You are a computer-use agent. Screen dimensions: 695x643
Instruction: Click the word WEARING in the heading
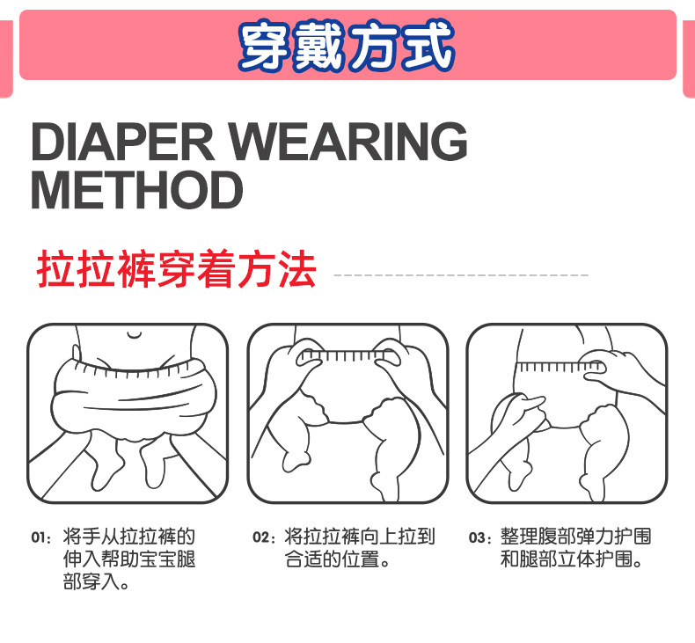pos(349,142)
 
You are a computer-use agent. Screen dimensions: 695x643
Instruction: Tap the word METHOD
pos(137,190)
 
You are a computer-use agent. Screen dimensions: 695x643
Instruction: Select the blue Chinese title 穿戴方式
pos(347,46)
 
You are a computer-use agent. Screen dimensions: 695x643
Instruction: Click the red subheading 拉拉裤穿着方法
pos(177,269)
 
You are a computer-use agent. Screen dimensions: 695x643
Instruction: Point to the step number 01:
pos(41,537)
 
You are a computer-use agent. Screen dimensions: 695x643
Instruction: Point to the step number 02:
pos(264,537)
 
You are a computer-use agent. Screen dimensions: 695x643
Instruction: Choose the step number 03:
pos(480,537)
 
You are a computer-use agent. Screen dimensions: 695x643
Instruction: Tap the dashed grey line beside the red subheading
pos(461,275)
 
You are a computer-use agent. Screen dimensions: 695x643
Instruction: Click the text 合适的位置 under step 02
pos(332,559)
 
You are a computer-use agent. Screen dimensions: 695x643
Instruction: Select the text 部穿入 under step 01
pos(91,581)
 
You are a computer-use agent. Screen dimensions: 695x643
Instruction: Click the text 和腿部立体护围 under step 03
pos(567,559)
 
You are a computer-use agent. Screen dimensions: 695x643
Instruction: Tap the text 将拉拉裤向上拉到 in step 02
pos(360,537)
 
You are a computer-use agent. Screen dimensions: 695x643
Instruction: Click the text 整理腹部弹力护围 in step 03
pos(575,537)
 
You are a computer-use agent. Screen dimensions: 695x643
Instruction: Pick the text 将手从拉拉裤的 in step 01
pos(129,537)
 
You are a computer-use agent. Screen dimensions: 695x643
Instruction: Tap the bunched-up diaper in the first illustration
pos(134,397)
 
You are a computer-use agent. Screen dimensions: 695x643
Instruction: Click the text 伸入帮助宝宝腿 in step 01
pos(129,559)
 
